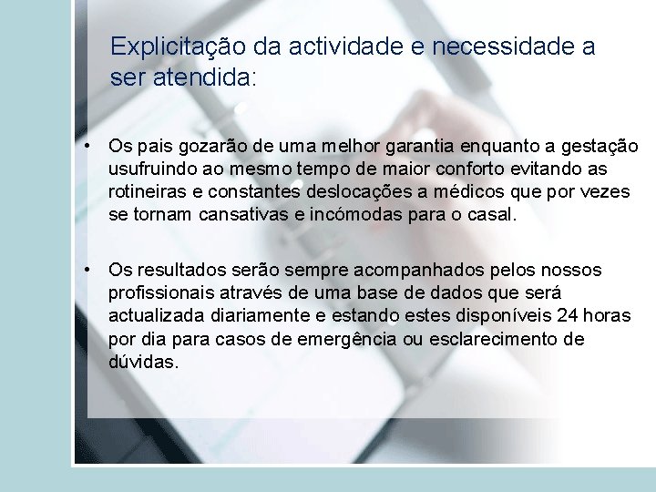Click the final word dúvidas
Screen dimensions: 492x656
click(143, 362)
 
